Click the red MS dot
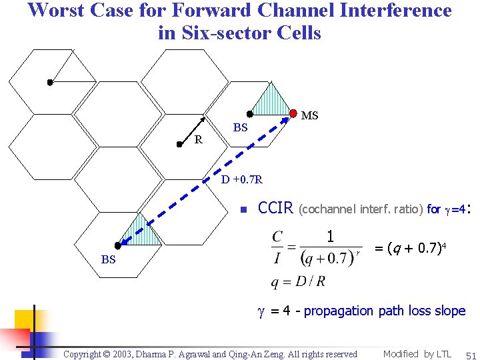tap(294, 112)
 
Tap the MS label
tap(310, 115)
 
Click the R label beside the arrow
tap(198, 139)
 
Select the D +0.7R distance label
tap(242, 179)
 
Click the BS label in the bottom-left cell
tap(108, 260)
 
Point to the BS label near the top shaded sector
tap(240, 127)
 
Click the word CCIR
tap(275, 208)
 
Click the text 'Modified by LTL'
tap(417, 354)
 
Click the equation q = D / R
tap(298, 281)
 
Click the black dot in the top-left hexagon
tap(49, 83)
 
